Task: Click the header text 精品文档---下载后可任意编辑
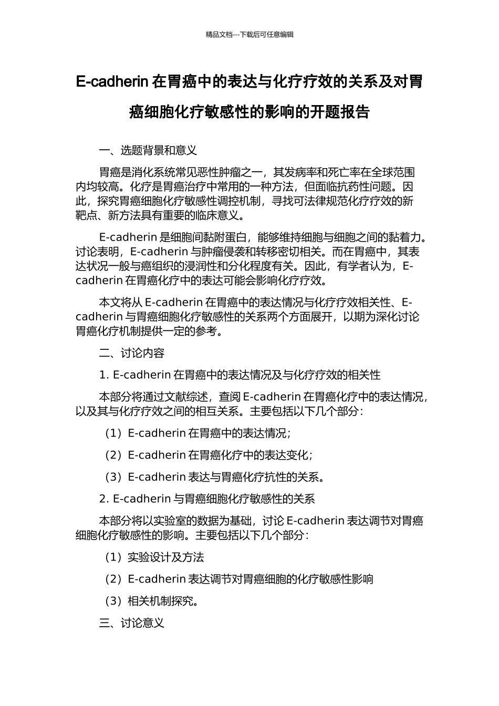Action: coord(250,35)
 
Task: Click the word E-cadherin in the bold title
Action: coord(112,82)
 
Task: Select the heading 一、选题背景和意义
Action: coord(148,151)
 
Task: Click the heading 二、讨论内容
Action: coord(132,353)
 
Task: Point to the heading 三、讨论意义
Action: coord(132,623)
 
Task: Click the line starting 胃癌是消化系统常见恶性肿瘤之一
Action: coord(257,172)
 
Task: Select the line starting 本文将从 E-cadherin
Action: coord(256,302)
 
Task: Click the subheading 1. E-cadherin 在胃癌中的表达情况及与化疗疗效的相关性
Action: coord(240,375)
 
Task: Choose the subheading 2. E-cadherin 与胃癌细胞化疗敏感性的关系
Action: coord(207,499)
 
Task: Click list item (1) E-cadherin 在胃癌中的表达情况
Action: coord(197,433)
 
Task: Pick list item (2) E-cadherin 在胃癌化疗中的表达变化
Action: coord(209,455)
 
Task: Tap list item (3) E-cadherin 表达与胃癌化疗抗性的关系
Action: coord(214,477)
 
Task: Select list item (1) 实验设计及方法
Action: coord(154,557)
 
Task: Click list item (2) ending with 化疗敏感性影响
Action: coord(239,579)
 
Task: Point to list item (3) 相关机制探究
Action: coord(151,601)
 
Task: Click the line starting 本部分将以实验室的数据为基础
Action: coord(261,521)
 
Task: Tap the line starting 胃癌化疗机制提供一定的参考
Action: coord(149,331)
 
